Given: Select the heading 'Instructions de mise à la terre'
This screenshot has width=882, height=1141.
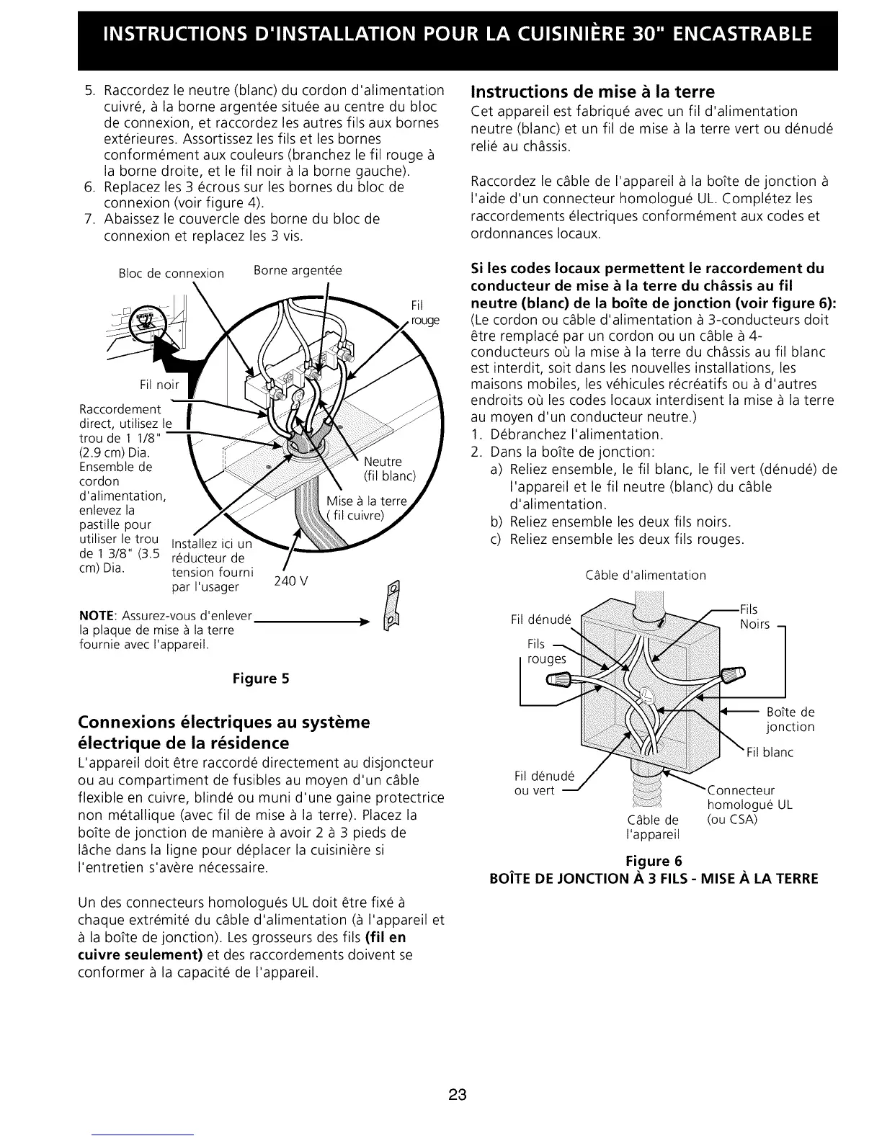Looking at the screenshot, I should pyautogui.click(x=592, y=92).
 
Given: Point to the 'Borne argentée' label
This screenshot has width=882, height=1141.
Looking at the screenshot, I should pyautogui.click(x=298, y=271).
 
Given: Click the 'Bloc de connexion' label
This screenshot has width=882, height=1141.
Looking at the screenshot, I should pyautogui.click(x=171, y=274).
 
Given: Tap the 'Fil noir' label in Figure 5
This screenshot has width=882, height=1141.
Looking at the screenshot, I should pyautogui.click(x=160, y=384).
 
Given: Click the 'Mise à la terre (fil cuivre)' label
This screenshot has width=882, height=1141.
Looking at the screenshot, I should pyautogui.click(x=366, y=508).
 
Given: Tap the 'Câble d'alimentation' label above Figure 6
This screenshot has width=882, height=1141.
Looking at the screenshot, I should pyautogui.click(x=646, y=575).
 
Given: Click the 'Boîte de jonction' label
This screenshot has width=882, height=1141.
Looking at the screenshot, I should pyautogui.click(x=790, y=720).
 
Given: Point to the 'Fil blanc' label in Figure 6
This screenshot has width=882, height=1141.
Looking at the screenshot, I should pyautogui.click(x=769, y=753).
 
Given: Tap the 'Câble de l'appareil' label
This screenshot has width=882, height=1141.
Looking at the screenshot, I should pyautogui.click(x=654, y=828).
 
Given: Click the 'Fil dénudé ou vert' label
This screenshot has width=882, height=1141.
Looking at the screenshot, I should pyautogui.click(x=544, y=784).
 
